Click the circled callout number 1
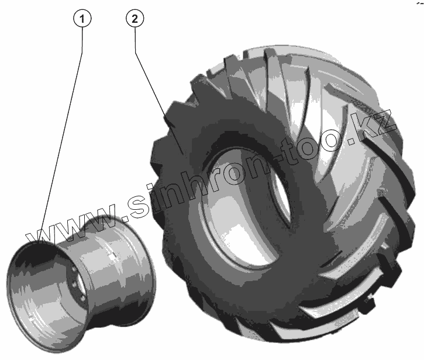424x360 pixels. coord(82,18)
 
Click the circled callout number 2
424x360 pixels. coord(135,18)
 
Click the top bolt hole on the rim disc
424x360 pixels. coord(73,270)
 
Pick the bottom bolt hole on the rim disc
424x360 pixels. coord(81,298)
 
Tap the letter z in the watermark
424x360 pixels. coord(385,122)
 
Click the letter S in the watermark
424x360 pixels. coord(141,205)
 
